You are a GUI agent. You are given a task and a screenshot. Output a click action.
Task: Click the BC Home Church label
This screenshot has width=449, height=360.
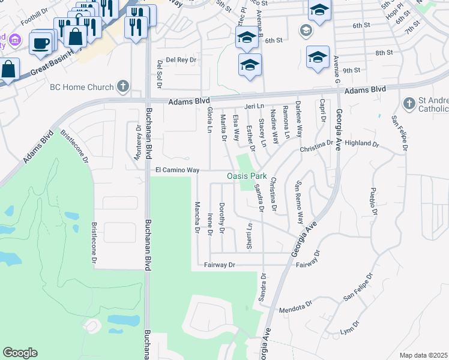click(x=83, y=87)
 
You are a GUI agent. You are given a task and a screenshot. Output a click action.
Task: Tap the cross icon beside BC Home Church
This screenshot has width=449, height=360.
click(x=123, y=86)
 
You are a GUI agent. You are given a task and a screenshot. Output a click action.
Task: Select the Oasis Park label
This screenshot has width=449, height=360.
click(x=246, y=176)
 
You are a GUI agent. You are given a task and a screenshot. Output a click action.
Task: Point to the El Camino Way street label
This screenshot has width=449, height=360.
click(x=177, y=170)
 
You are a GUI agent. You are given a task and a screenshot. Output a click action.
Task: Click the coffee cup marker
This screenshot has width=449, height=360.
click(x=40, y=43)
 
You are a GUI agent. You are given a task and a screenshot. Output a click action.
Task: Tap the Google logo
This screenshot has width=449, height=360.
click(x=20, y=353)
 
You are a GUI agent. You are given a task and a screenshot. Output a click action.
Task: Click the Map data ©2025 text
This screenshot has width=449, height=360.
click(x=423, y=355)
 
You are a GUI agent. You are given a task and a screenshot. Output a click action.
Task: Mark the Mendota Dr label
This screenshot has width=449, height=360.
click(x=297, y=308)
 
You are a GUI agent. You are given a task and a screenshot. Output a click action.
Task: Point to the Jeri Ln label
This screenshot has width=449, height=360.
click(x=255, y=106)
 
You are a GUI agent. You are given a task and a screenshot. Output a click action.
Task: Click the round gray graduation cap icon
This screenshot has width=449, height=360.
click(x=306, y=30)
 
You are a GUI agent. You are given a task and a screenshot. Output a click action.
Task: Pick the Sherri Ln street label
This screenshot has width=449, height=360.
click(x=249, y=236)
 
